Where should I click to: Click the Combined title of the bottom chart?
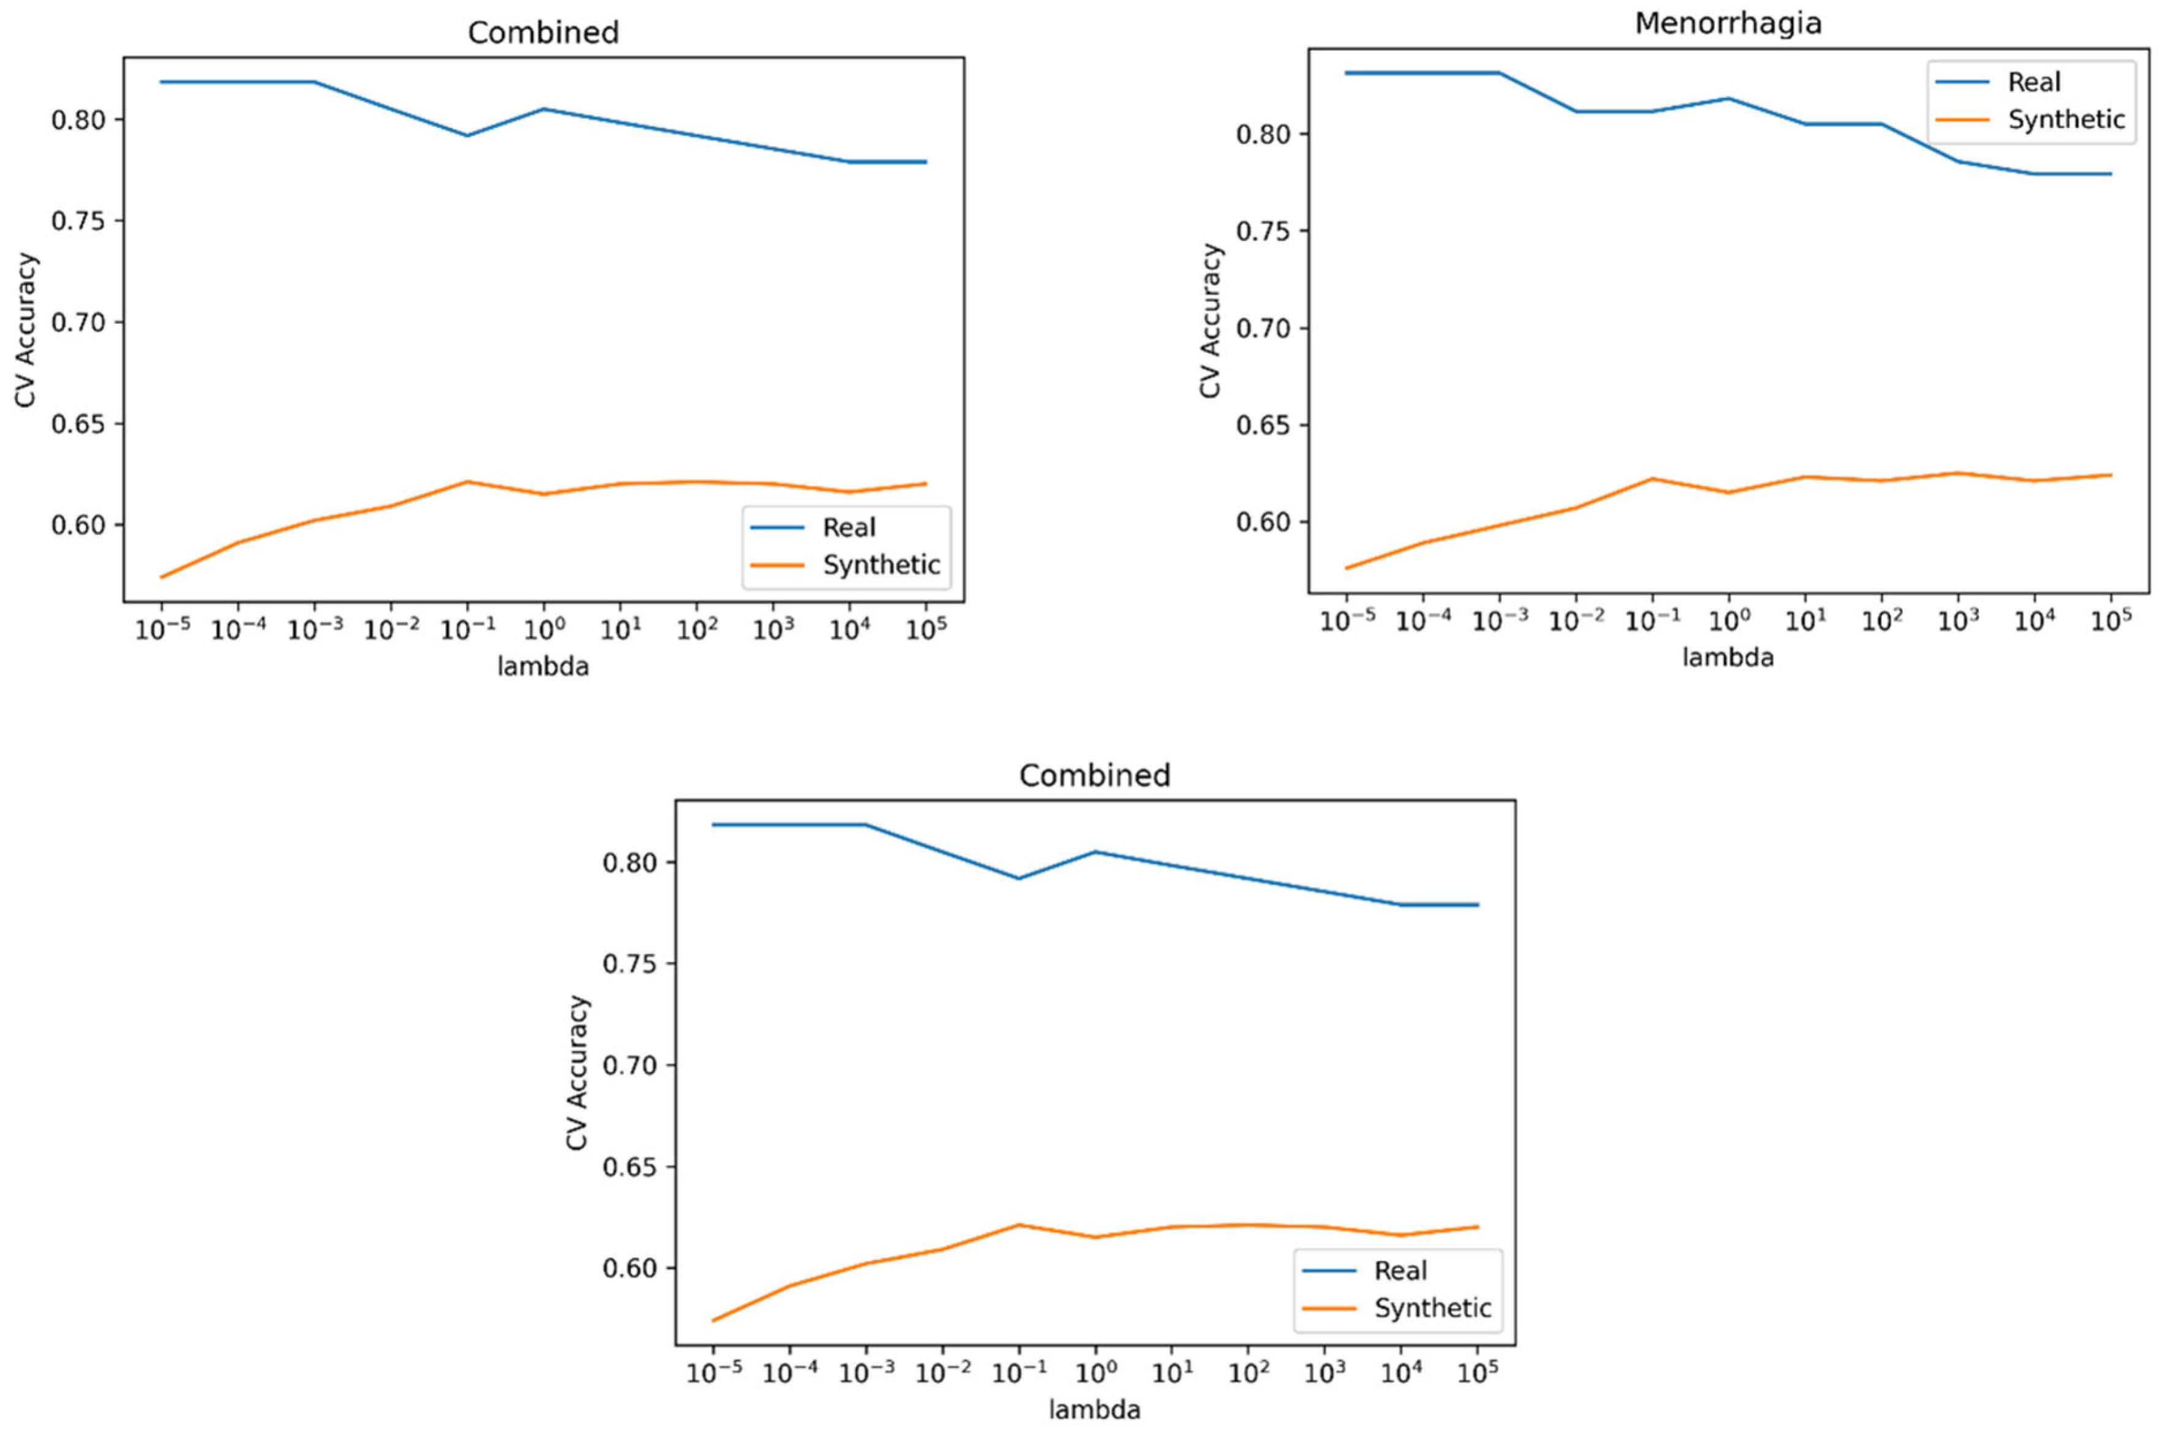pos(1094,775)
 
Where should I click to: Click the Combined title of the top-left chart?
pos(543,33)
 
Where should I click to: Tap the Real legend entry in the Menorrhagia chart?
pos(2033,82)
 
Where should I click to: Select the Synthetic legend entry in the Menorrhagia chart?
pos(2065,119)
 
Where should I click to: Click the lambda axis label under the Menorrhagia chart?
pos(1728,658)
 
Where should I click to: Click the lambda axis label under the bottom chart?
pos(1094,1410)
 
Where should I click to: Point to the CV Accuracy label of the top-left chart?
pos(26,330)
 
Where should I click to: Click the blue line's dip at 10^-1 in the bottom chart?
pos(1018,878)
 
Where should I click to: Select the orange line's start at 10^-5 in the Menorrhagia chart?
pos(1347,568)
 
